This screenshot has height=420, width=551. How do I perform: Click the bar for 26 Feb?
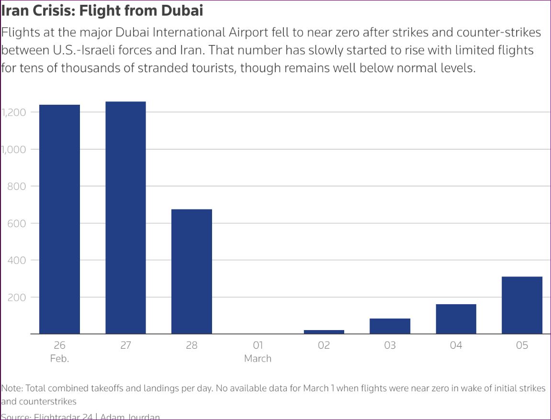click(59, 219)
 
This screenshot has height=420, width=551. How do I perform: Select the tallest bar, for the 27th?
click(125, 218)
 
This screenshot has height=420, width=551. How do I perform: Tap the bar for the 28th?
click(191, 271)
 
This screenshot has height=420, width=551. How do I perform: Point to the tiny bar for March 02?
click(324, 332)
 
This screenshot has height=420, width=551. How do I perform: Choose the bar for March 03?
click(390, 326)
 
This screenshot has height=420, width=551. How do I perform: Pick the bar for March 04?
click(456, 319)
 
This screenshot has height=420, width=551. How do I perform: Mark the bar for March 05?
click(522, 305)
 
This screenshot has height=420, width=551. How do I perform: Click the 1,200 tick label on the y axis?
click(13, 112)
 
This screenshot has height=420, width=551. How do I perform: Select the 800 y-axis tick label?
click(16, 186)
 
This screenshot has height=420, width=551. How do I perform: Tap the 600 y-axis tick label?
click(16, 223)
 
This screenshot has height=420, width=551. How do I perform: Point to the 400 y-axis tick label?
click(16, 260)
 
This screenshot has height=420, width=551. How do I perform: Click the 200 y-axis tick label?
click(16, 297)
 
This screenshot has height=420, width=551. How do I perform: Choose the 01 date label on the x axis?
click(258, 345)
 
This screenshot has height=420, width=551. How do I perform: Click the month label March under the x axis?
click(258, 358)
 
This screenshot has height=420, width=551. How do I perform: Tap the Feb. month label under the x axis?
click(59, 358)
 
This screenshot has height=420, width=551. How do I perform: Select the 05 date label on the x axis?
click(522, 345)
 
